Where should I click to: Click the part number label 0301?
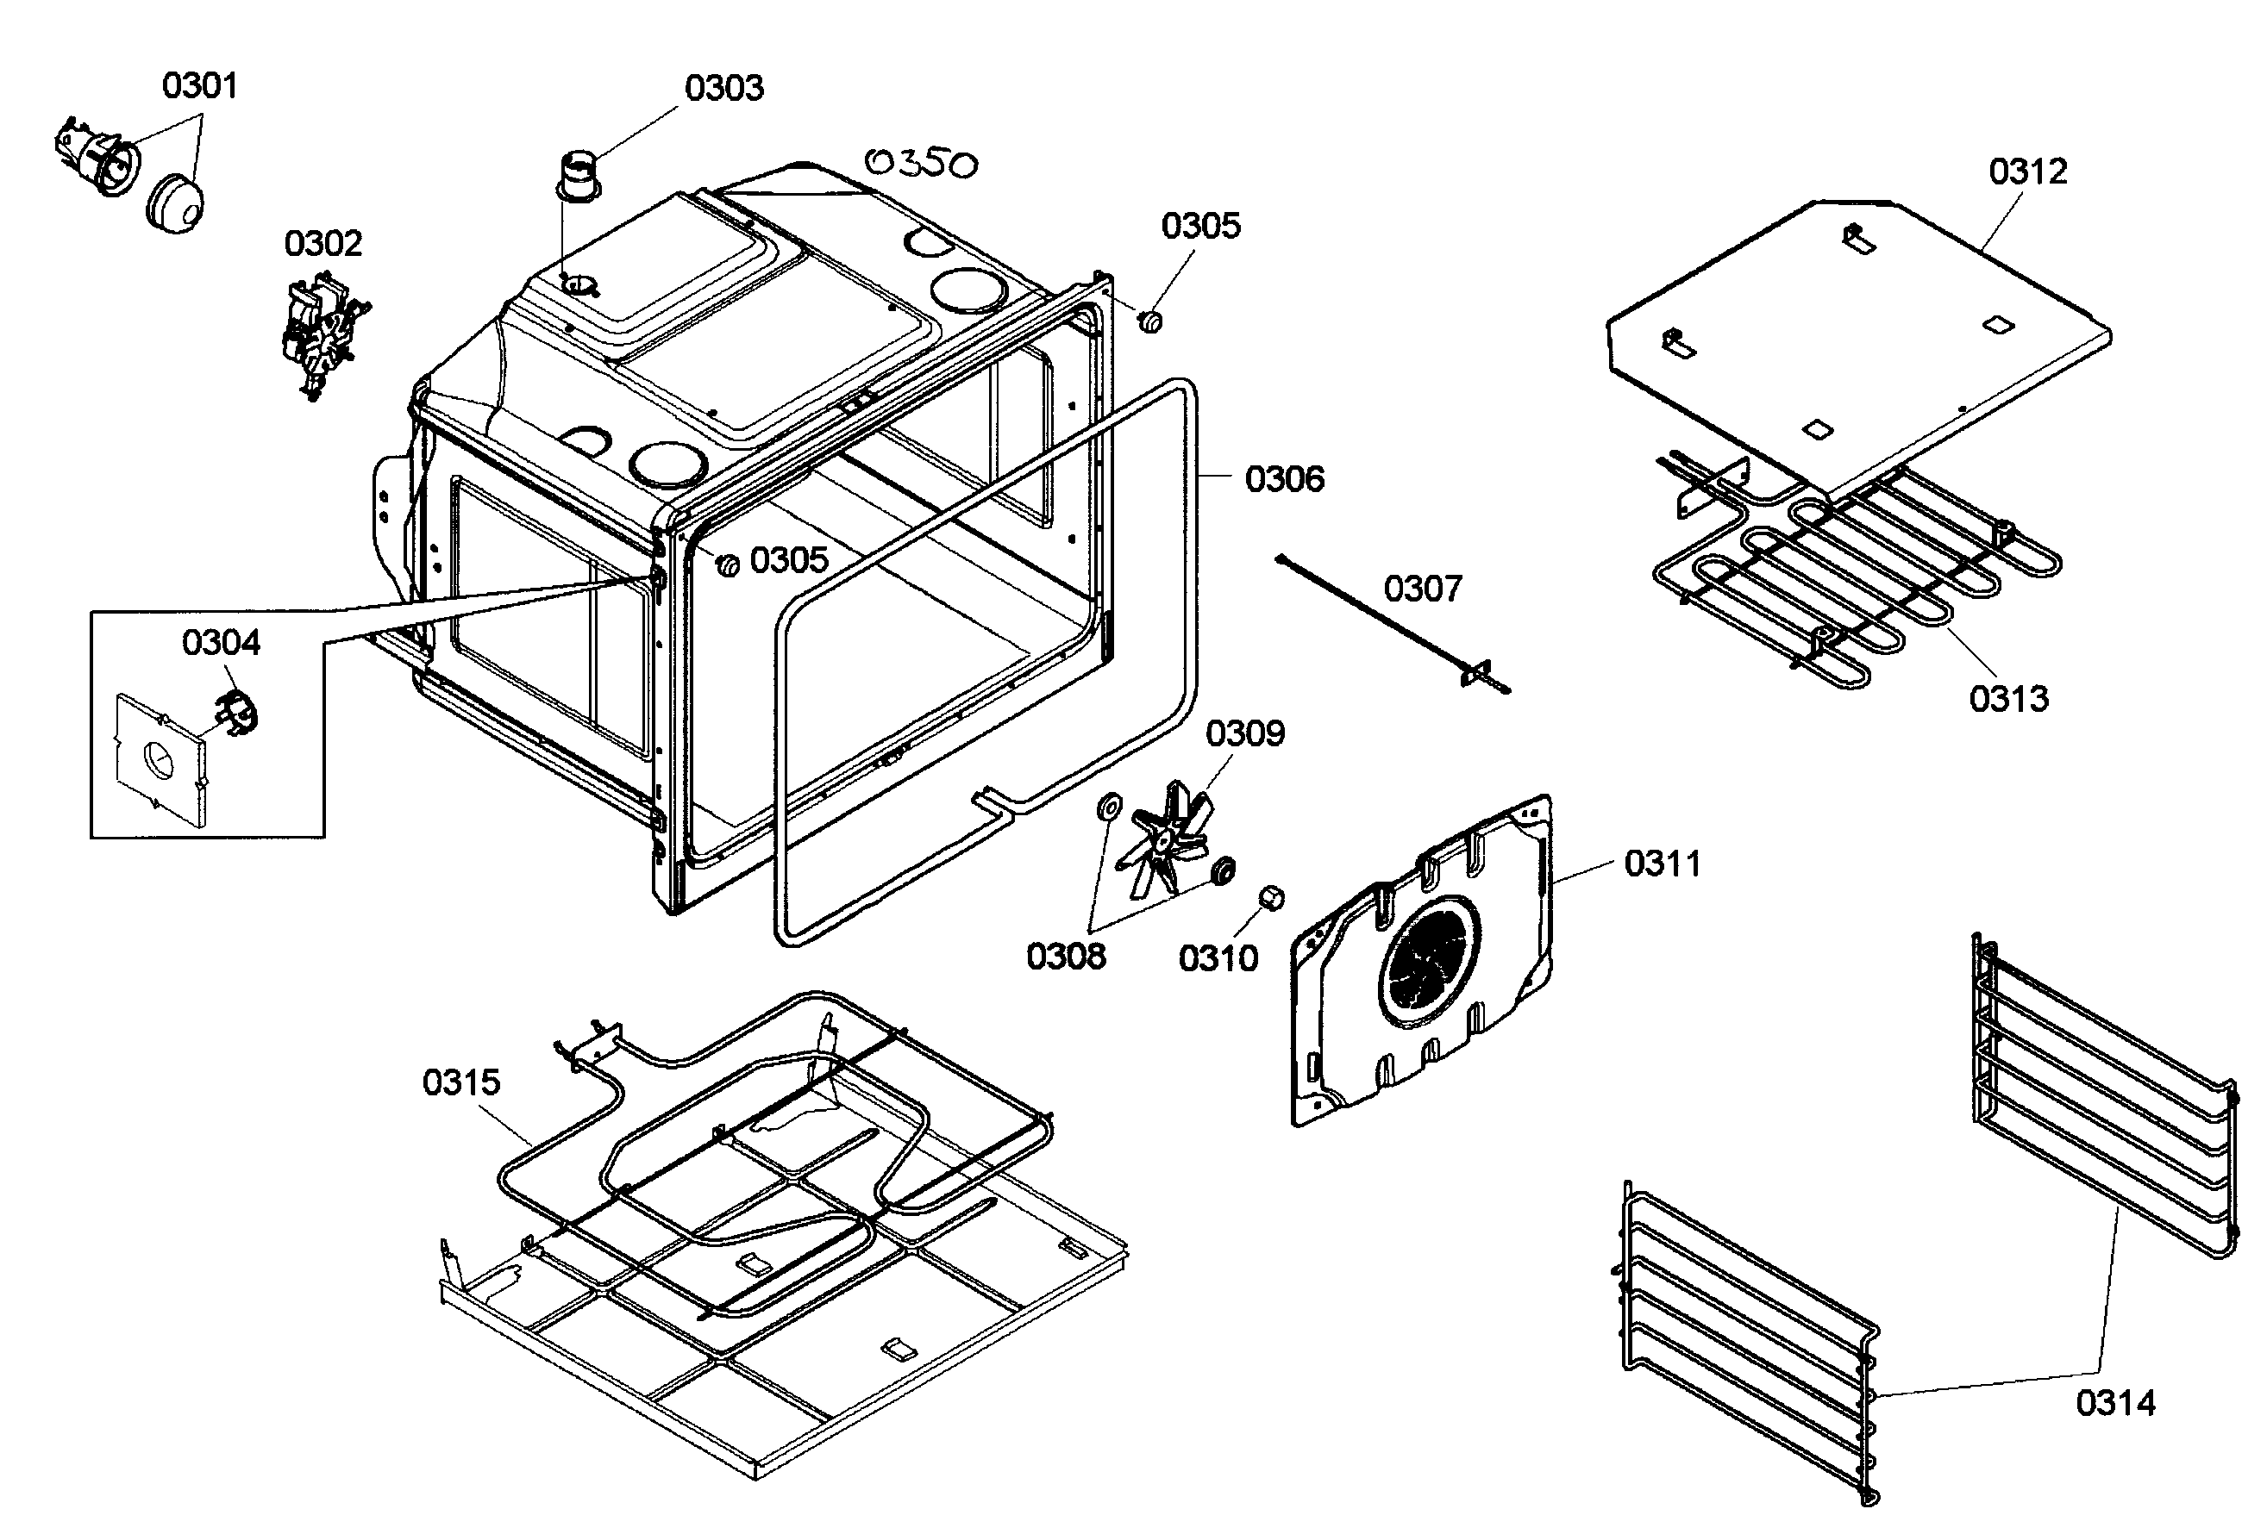[199, 86]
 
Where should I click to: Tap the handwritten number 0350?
[920, 163]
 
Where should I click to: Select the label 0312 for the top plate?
[2028, 171]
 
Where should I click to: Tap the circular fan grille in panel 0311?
[1428, 963]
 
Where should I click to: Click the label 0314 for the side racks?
[2115, 1402]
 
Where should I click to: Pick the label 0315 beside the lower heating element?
[460, 1082]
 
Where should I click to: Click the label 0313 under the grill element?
[2008, 698]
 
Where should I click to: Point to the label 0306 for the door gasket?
[1285, 479]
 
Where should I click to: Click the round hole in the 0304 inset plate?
[158, 760]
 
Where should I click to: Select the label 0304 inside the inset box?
[222, 642]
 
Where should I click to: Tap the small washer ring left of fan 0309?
[1109, 807]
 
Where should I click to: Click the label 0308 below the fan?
[1065, 956]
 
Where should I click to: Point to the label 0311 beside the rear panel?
[1663, 863]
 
